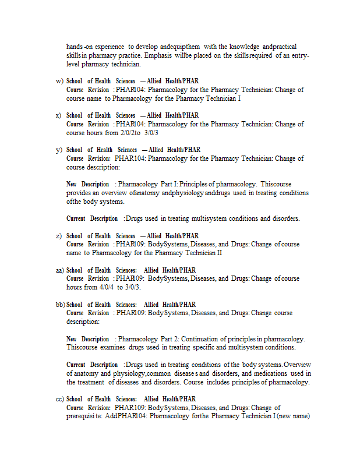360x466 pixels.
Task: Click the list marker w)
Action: tap(59, 81)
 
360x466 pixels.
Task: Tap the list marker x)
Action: tap(59, 115)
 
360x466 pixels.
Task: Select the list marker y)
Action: tap(59, 150)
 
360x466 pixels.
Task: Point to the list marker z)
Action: tap(59, 236)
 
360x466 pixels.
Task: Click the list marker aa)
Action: tap(60, 270)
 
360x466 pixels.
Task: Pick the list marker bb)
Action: tap(60, 305)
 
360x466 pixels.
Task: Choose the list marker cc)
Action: tap(60, 399)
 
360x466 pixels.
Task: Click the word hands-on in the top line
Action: tap(79, 47)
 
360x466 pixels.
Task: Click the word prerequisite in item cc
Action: tap(84, 416)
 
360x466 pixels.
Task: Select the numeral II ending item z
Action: tap(218, 253)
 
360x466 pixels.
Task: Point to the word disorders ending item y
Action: tap(286, 219)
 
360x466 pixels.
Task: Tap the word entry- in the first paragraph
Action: tap(299, 55)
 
